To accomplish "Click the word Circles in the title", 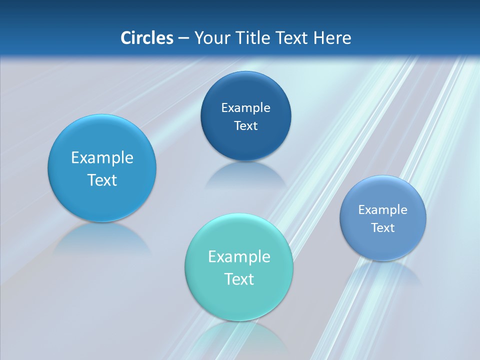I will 146,38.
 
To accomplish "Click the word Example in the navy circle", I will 246,108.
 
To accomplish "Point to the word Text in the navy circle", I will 246,126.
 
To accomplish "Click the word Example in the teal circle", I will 239,257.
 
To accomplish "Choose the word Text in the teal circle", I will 239,279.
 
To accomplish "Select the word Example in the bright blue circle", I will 102,158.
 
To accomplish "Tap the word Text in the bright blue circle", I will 102,180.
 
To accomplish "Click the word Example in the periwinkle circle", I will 383,210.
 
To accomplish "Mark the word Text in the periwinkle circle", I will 383,228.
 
